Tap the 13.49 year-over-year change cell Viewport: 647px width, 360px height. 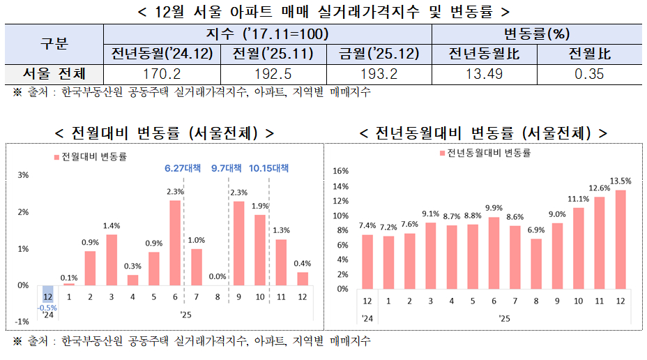pyautogui.click(x=485, y=74)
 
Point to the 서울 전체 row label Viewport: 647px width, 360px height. pyautogui.click(x=54, y=74)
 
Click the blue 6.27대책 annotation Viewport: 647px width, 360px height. pyautogui.click(x=183, y=168)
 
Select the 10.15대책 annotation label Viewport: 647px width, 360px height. pyautogui.click(x=268, y=168)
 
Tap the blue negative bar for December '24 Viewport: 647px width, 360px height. pyautogui.click(x=47, y=293)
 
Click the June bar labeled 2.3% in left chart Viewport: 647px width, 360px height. pyautogui.click(x=175, y=243)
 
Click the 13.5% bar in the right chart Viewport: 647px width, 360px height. pyautogui.click(x=621, y=239)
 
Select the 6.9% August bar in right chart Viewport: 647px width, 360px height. pyautogui.click(x=535, y=264)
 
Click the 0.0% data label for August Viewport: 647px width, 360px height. pyautogui.click(x=217, y=276)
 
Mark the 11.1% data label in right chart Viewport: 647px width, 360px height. pyautogui.click(x=578, y=199)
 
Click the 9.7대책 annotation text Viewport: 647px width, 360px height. pyautogui.click(x=227, y=168)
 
